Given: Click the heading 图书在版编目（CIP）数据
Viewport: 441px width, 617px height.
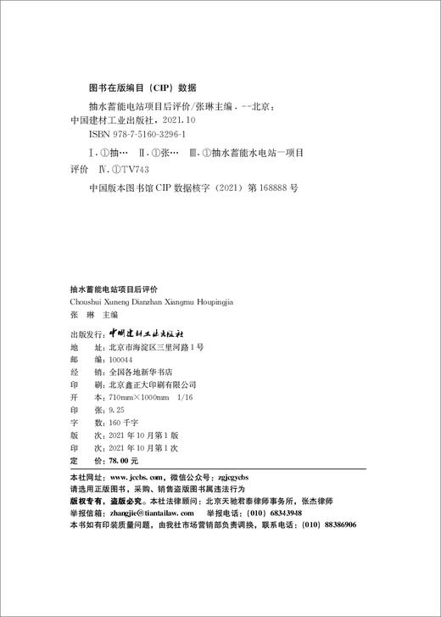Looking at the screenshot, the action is [x=142, y=87].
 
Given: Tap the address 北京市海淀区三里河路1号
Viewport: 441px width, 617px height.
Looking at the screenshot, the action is [x=157, y=348].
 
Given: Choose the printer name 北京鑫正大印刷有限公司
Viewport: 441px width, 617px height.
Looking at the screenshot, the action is [x=154, y=384].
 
